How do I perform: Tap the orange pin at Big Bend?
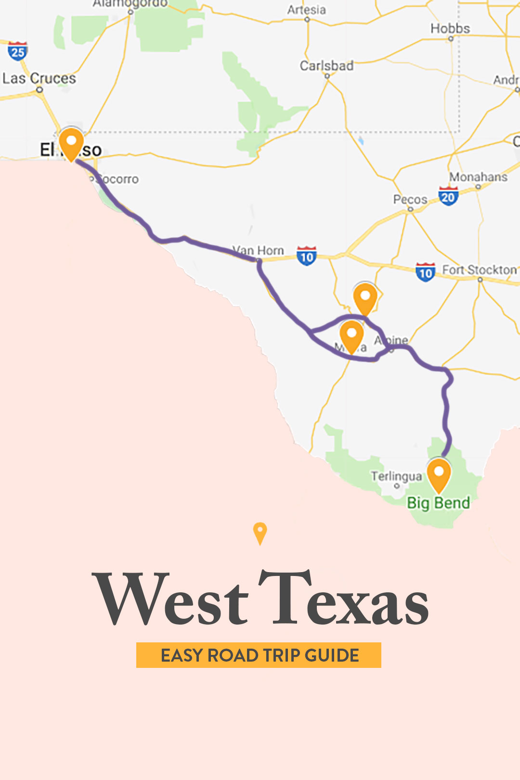(x=439, y=474)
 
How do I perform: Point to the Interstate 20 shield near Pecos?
(x=448, y=196)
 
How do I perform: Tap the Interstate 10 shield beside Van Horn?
(x=307, y=256)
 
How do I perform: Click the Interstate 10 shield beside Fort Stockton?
(x=425, y=273)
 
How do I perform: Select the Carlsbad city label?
(x=326, y=65)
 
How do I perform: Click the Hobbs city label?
(x=450, y=29)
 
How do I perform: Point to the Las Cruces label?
(x=39, y=78)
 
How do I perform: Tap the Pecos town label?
(x=410, y=199)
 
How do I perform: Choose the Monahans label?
(x=478, y=177)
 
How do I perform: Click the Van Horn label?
(x=259, y=251)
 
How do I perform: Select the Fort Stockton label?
(x=479, y=270)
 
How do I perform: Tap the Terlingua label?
(x=396, y=476)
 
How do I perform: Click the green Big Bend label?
(x=438, y=503)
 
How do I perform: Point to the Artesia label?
(x=307, y=10)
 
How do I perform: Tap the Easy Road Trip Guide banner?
(x=259, y=655)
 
